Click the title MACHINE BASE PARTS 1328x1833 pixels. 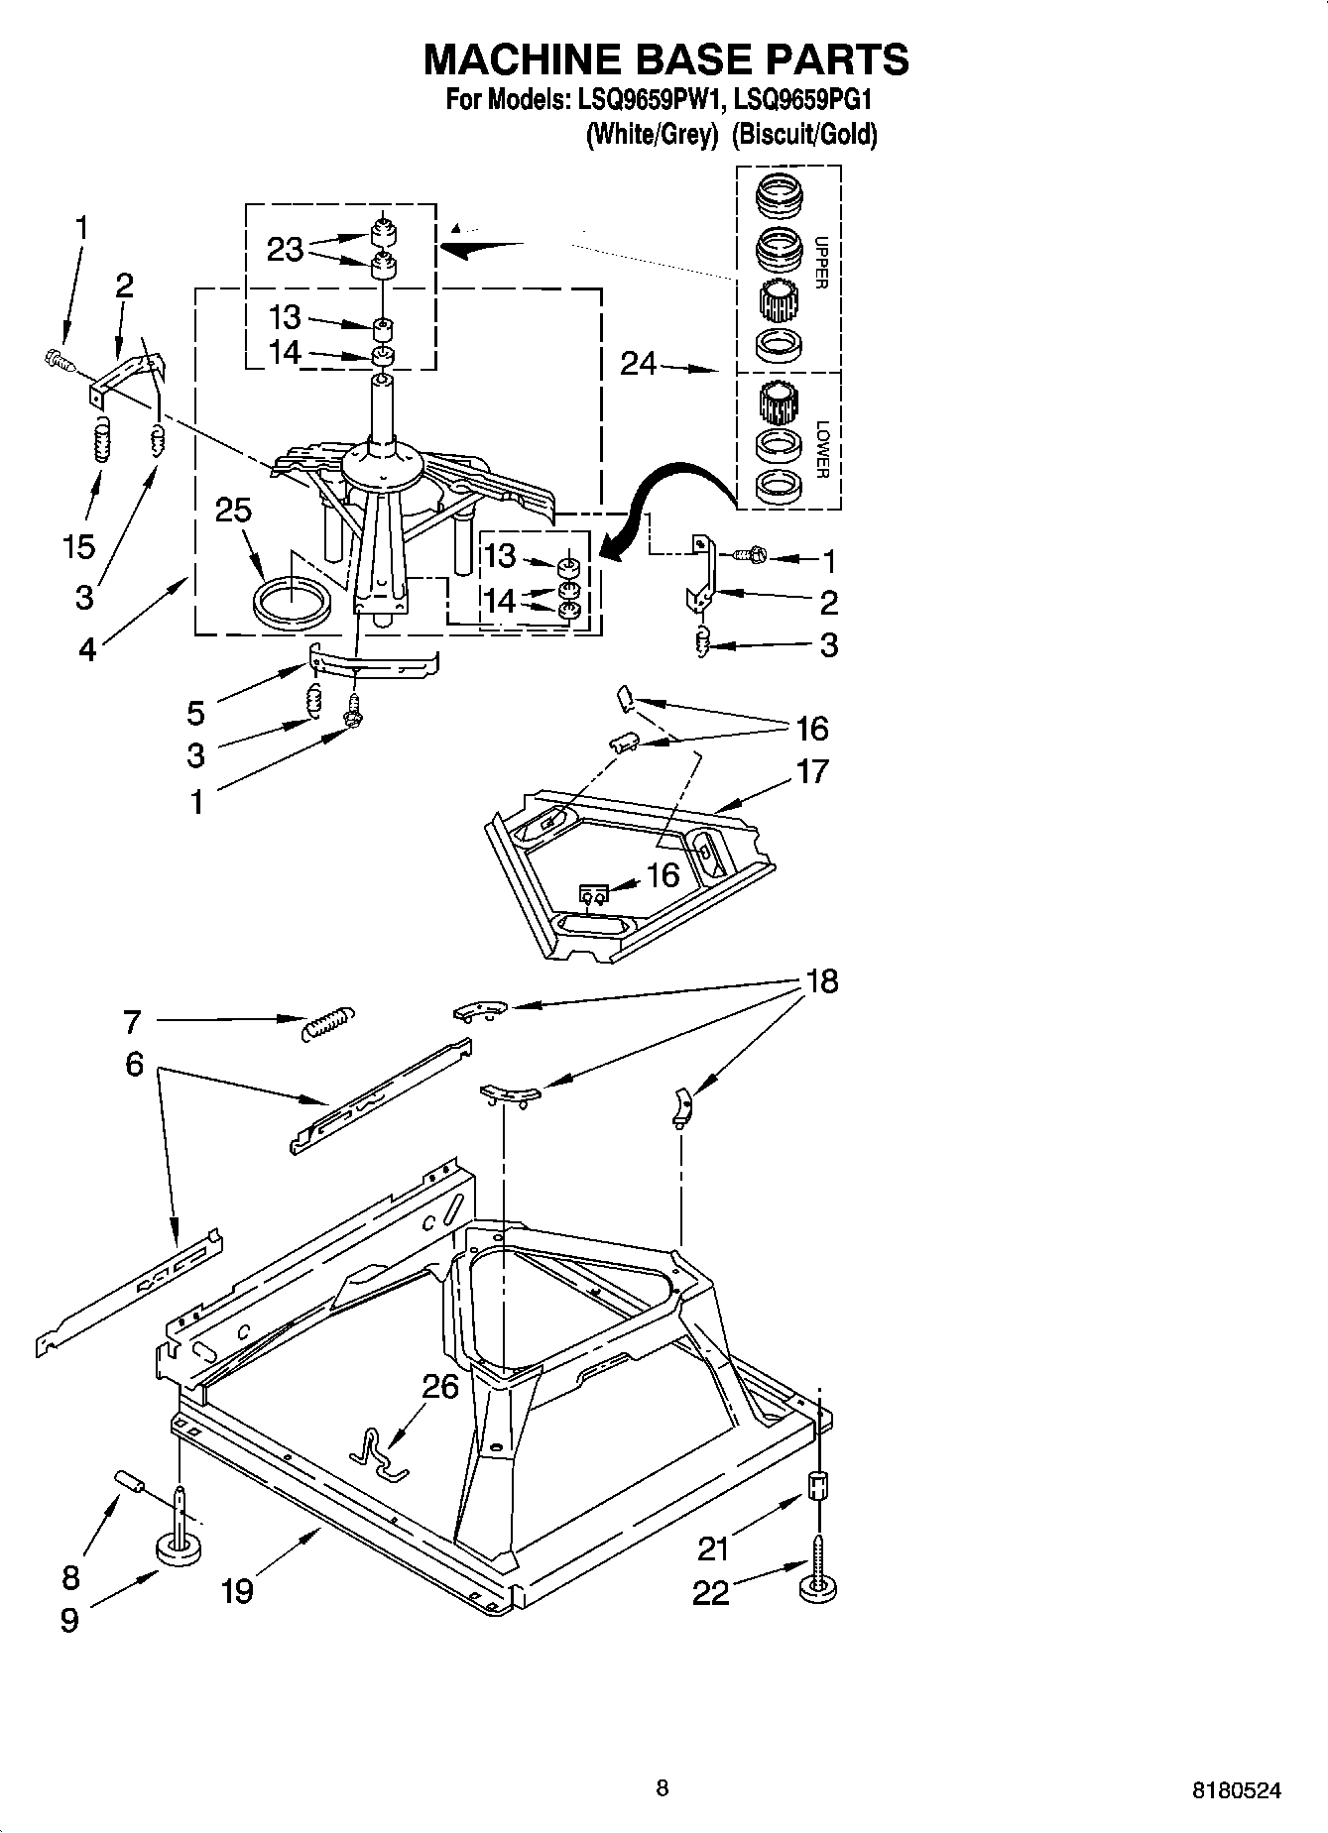coord(665,59)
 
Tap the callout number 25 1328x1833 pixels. coord(233,511)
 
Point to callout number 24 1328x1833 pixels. coord(638,365)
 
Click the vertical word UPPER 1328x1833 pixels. coord(820,262)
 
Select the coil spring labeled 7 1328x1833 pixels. coord(327,1023)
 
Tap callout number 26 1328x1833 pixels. coord(440,1385)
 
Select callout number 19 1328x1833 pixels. coord(238,1591)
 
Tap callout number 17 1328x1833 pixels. coord(811,771)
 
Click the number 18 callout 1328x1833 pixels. coord(822,981)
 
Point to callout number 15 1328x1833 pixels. coord(79,546)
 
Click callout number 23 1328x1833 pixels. coord(285,250)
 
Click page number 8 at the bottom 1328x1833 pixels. coord(663,1788)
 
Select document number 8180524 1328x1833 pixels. coord(1236,1790)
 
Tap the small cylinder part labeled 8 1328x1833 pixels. coord(131,1482)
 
